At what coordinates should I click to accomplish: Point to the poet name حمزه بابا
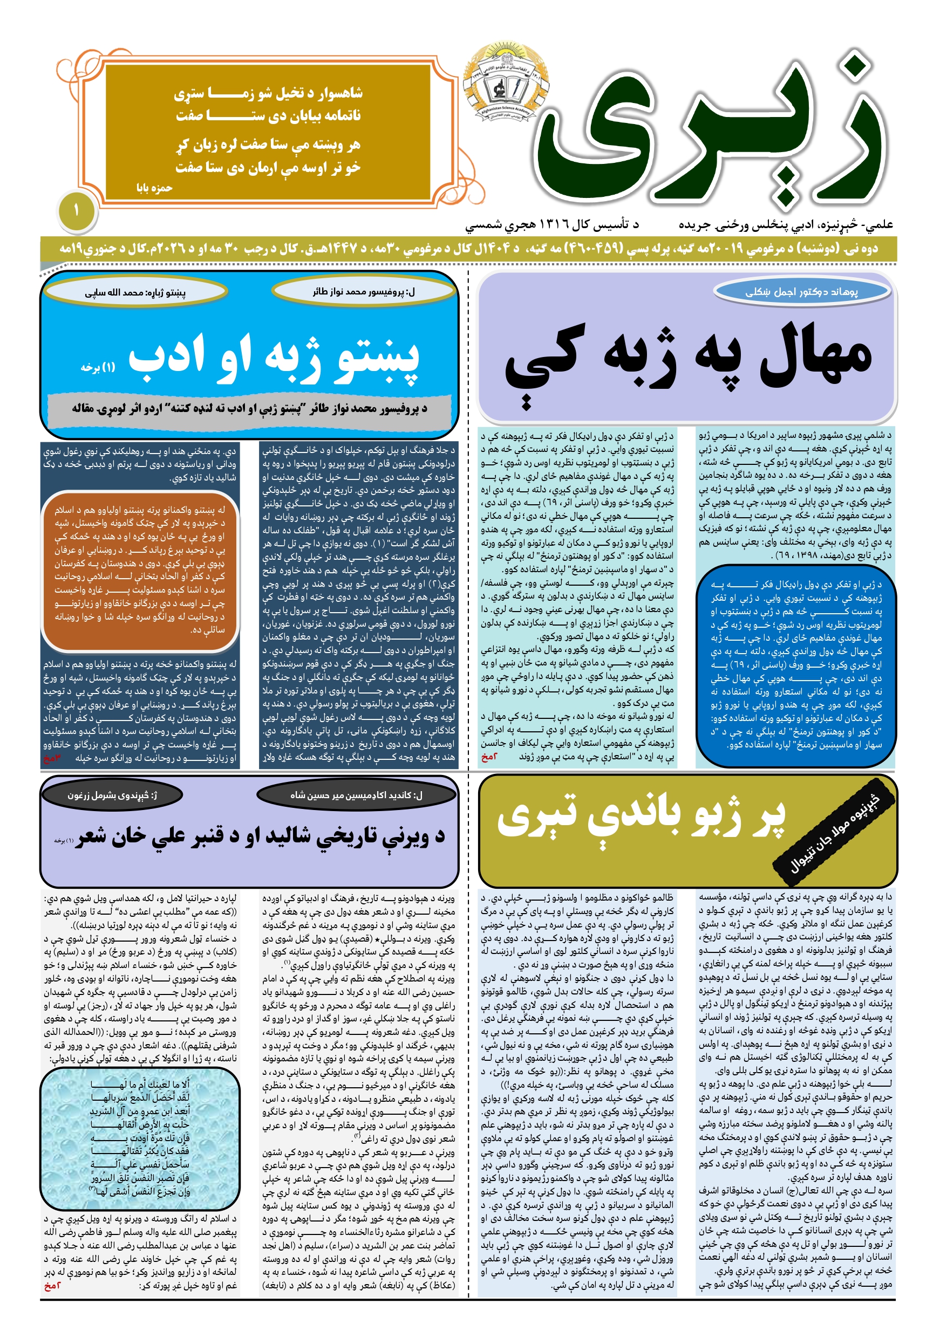pyautogui.click(x=154, y=188)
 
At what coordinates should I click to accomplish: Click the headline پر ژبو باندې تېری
pyautogui.click(x=642, y=817)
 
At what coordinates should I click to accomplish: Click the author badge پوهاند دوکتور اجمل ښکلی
pyautogui.click(x=802, y=292)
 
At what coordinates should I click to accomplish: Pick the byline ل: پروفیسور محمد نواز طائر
pyautogui.click(x=364, y=291)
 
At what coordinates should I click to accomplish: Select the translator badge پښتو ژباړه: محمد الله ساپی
pyautogui.click(x=135, y=292)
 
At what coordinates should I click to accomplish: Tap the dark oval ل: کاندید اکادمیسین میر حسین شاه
pyautogui.click(x=356, y=795)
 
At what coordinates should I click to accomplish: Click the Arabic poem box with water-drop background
pyautogui.click(x=140, y=1138)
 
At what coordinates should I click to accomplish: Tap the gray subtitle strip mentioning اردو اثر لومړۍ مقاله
pyautogui.click(x=250, y=408)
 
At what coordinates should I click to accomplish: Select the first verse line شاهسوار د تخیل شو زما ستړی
pyautogui.click(x=268, y=93)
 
